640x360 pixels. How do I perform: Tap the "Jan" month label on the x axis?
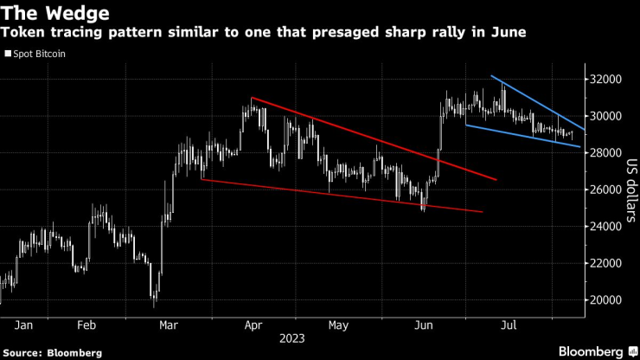click(23, 325)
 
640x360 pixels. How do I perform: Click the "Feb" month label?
click(86, 325)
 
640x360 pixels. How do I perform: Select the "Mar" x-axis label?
click(170, 325)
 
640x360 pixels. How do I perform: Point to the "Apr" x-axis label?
click(253, 325)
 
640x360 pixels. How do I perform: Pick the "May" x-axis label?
click(338, 325)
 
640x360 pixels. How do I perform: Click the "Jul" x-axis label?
click(509, 325)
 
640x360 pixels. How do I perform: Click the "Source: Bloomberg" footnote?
click(52, 353)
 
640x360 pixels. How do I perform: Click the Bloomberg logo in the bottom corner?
click(593, 351)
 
